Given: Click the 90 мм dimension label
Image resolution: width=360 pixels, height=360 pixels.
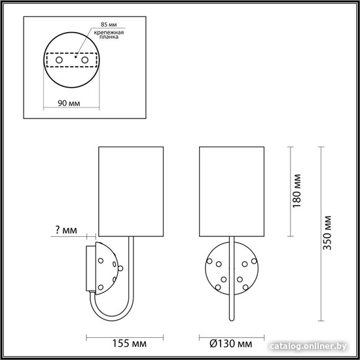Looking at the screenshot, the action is click(69, 103).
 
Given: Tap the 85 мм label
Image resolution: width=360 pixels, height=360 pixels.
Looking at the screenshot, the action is click(109, 25).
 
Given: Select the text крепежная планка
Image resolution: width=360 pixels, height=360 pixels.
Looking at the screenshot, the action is click(109, 35).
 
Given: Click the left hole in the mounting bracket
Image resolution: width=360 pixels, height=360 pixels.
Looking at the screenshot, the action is click(59, 60).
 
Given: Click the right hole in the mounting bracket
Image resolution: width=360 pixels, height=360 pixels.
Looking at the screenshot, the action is click(84, 60).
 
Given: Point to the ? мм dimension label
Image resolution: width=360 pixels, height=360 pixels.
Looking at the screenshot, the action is click(66, 230).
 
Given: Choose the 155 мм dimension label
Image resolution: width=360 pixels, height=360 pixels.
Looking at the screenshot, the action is click(129, 344).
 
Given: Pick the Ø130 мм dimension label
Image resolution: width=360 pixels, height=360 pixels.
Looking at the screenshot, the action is click(231, 344).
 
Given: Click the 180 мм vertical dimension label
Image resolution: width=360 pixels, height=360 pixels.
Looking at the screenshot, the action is click(297, 190).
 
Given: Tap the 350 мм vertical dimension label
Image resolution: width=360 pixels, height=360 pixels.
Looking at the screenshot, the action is click(327, 233).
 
